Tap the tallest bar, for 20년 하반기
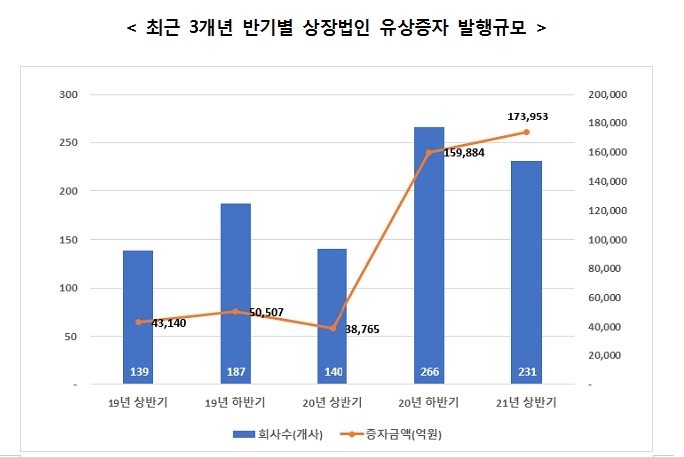(x=429, y=255)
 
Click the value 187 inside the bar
(x=235, y=373)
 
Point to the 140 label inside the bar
(x=332, y=373)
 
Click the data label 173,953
(x=526, y=116)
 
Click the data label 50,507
(x=266, y=312)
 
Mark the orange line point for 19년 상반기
(x=138, y=322)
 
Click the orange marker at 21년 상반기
(x=526, y=132)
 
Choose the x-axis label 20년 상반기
(x=332, y=403)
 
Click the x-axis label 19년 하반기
(x=235, y=403)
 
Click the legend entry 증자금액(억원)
(x=389, y=434)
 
